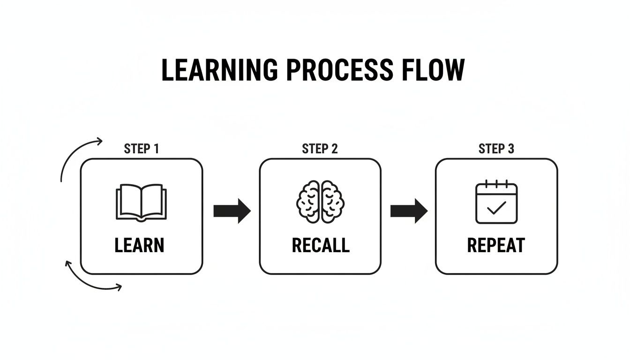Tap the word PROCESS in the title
click(339, 70)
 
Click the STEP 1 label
click(142, 149)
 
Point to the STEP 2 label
click(320, 149)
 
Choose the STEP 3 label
click(496, 149)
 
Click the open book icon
click(141, 202)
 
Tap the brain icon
click(320, 202)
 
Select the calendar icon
click(496, 202)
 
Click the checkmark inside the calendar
click(496, 207)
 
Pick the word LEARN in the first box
click(139, 246)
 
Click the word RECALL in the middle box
click(321, 246)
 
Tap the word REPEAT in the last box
click(496, 246)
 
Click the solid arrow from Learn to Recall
click(232, 211)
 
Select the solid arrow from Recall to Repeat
click(409, 211)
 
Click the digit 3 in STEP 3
click(510, 149)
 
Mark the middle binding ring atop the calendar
click(496, 183)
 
